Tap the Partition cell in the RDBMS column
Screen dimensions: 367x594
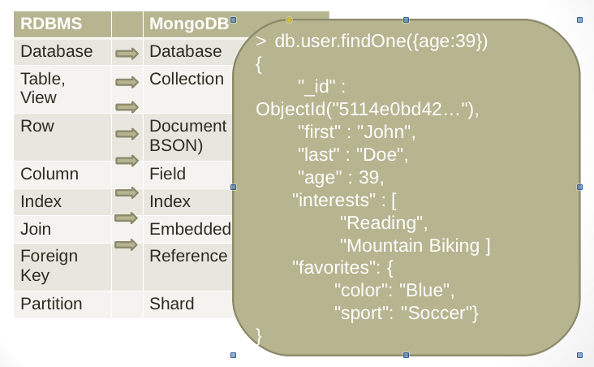point(52,304)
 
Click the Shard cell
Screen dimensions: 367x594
point(172,304)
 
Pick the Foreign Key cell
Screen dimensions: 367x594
point(49,266)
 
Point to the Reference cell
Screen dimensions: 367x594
point(188,257)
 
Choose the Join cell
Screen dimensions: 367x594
point(36,229)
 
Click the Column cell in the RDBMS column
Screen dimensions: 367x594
point(49,174)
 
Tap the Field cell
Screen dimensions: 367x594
point(168,174)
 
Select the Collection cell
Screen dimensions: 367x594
point(187,80)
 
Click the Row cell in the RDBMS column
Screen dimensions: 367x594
point(37,127)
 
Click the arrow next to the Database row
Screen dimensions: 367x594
point(127,54)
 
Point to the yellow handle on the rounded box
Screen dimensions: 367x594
point(290,19)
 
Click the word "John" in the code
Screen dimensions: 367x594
point(393,132)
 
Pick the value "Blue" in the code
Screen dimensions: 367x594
point(424,290)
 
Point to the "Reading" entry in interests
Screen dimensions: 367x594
point(382,222)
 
